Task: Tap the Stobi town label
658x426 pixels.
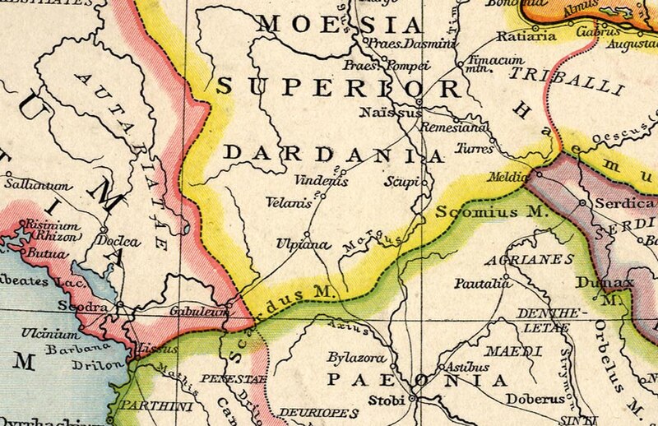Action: pyautogui.click(x=393, y=404)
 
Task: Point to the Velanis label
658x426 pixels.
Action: pyautogui.click(x=289, y=199)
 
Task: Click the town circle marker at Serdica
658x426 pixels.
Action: pyautogui.click(x=582, y=202)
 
